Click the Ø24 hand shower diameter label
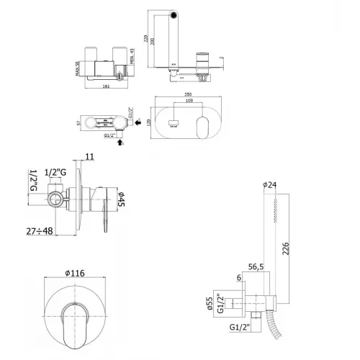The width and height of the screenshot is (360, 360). (x=271, y=185)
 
